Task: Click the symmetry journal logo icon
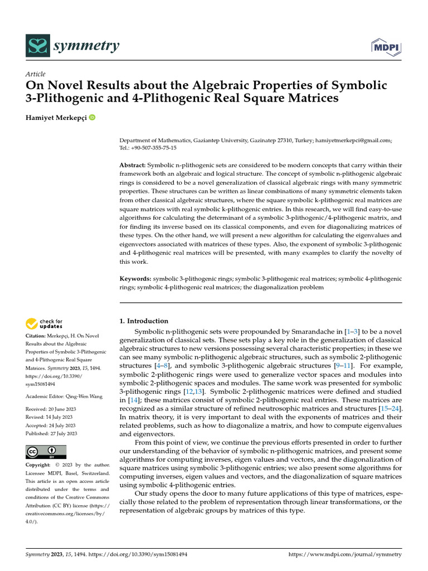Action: pos(38,46)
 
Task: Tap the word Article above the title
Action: pos(36,74)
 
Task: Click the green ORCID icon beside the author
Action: pos(92,118)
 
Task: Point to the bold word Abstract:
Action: pos(133,166)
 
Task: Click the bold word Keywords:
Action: pos(136,278)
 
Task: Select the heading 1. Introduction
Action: pos(144,321)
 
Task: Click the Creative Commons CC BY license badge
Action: pos(46,452)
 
